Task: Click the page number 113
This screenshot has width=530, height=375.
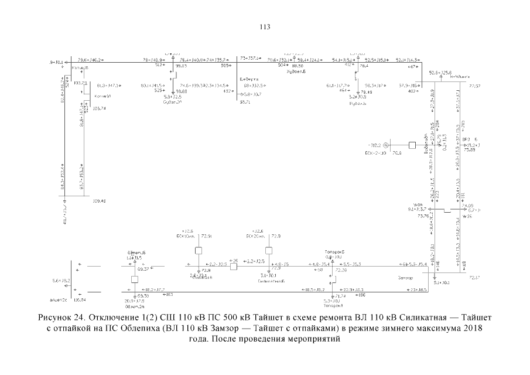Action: click(x=264, y=26)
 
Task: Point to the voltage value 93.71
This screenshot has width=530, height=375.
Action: click(x=245, y=102)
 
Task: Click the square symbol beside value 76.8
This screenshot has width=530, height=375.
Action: click(x=412, y=145)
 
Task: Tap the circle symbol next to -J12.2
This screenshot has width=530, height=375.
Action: click(x=386, y=145)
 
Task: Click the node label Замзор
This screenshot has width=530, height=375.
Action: click(x=405, y=277)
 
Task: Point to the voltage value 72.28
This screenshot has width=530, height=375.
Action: click(x=341, y=270)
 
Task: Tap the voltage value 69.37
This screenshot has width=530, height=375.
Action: click(x=142, y=270)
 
